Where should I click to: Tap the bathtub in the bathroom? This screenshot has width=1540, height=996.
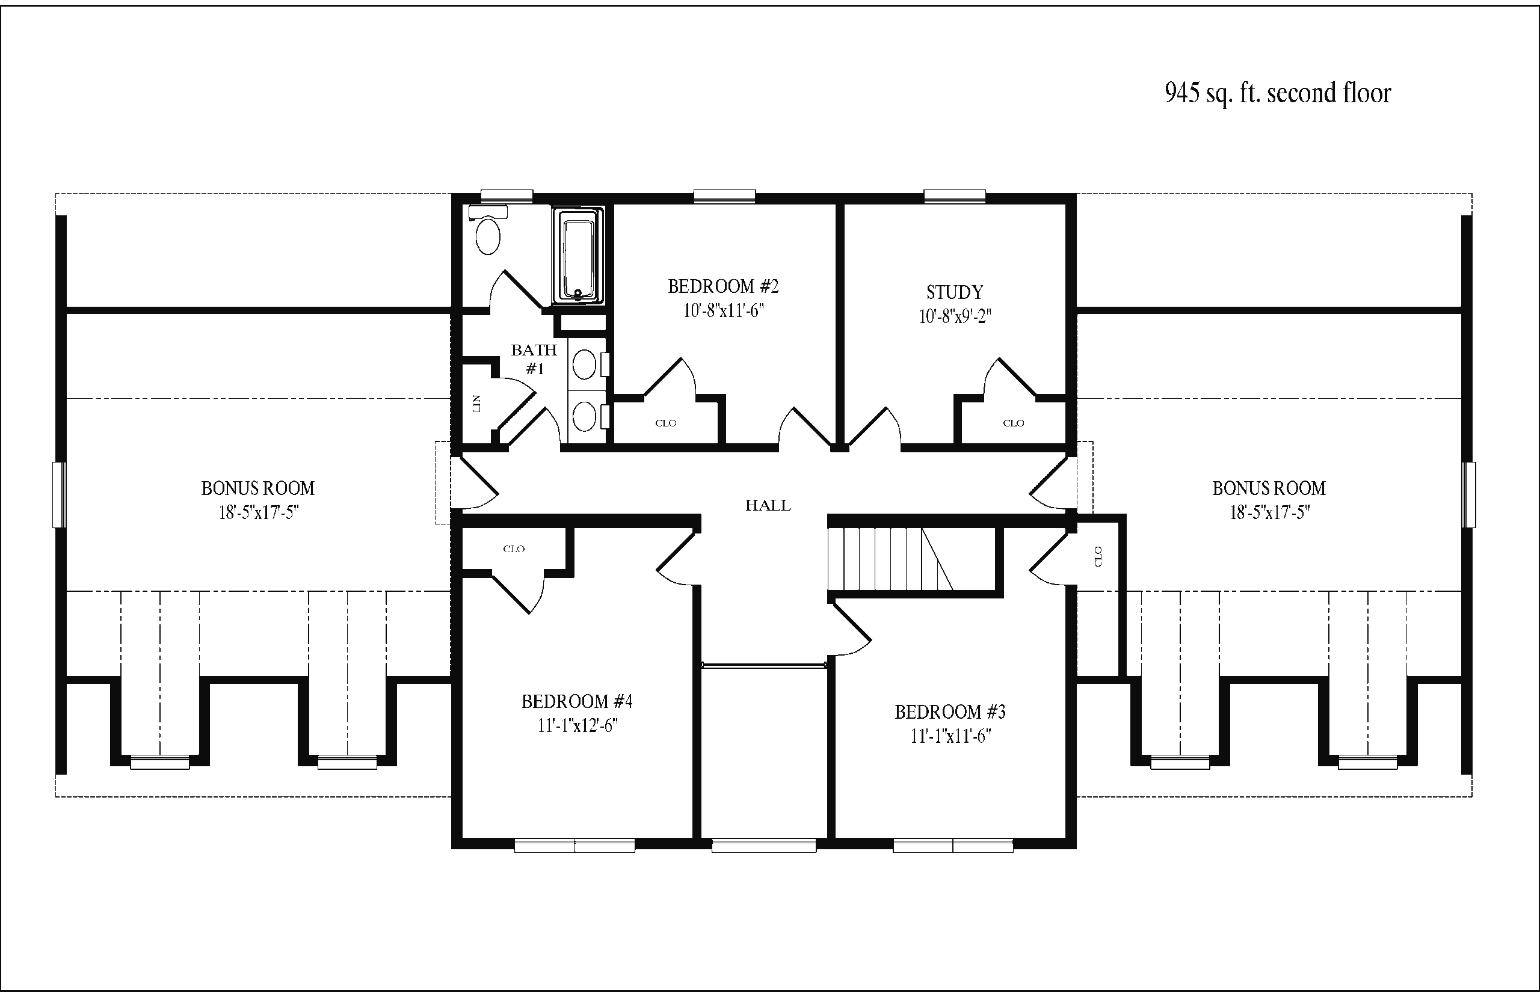[577, 255]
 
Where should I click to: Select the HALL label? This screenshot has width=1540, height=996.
[768, 505]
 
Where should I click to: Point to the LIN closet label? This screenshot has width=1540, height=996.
[477, 404]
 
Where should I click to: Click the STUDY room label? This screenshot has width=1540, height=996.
[955, 292]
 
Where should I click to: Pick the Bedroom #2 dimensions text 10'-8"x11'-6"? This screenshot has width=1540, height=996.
[724, 311]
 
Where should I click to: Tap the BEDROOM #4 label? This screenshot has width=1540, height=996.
[577, 701]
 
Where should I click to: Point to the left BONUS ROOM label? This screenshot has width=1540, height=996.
[258, 488]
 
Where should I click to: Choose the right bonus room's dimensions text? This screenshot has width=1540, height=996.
[1270, 513]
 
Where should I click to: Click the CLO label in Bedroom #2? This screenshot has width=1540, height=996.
[665, 423]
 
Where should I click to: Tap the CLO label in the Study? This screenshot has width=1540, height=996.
[1014, 423]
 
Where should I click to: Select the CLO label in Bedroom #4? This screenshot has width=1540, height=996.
[514, 549]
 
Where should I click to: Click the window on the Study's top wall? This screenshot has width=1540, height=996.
[955, 196]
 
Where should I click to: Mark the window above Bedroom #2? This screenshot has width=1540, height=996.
[724, 196]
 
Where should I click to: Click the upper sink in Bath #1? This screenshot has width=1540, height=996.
[585, 364]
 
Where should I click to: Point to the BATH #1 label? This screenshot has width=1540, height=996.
[534, 360]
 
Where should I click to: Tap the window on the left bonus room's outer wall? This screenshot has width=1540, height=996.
[59, 495]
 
